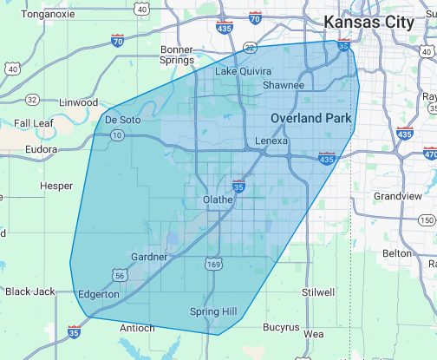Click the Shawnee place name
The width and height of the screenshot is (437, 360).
(x=284, y=86)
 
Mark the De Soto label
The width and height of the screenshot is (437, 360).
(x=122, y=119)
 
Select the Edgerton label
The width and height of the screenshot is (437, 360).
(x=99, y=295)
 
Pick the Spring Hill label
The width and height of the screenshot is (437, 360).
(x=212, y=311)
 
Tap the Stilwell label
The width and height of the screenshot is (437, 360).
(x=319, y=292)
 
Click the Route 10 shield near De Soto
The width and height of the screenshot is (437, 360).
(x=115, y=135)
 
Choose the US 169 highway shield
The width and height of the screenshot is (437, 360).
(x=212, y=263)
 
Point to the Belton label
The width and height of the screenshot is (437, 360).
(x=397, y=253)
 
